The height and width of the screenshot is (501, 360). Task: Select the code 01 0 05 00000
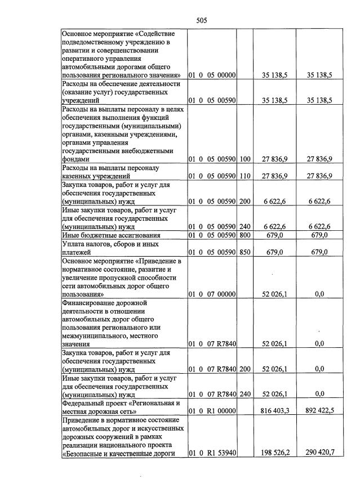coord(212,75)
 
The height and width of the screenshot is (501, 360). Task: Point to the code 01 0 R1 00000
coord(212,411)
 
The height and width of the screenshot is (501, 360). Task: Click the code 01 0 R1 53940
coord(212,453)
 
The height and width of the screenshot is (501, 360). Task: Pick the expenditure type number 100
coord(245,159)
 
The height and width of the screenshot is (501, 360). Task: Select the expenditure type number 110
coord(245,176)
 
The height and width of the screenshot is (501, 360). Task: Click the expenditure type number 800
coord(245,235)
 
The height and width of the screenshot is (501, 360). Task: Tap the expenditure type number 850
coord(245,252)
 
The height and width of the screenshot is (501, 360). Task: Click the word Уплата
coord(74,244)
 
